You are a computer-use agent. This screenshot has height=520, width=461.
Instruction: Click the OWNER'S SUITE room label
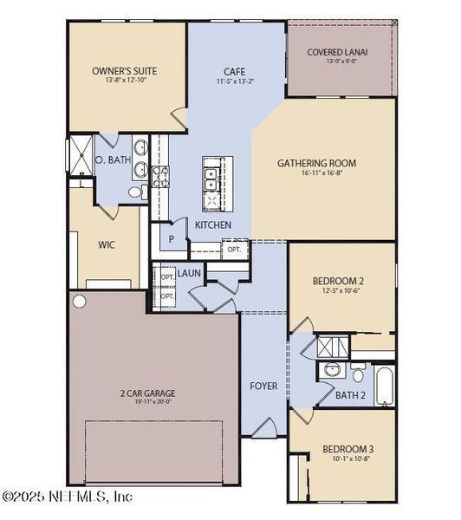(125, 70)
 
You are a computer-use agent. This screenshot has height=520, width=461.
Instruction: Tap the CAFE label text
(234, 73)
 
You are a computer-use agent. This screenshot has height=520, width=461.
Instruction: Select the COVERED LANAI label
(338, 52)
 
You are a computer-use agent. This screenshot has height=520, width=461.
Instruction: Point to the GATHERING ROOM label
(316, 162)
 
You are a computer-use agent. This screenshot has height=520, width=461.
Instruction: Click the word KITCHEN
(212, 225)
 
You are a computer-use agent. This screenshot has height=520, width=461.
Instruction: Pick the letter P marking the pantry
(172, 238)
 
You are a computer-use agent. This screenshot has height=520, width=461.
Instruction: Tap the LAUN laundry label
(189, 274)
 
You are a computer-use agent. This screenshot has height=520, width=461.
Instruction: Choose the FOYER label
(263, 386)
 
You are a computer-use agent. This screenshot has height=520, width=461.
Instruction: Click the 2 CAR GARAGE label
(146, 392)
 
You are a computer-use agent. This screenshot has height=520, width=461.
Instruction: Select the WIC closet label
(107, 244)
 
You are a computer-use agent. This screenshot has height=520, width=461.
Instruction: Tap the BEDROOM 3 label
(347, 448)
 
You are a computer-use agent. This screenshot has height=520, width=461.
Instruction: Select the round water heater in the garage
(81, 302)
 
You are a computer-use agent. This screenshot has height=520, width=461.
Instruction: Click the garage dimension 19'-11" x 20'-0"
(146, 401)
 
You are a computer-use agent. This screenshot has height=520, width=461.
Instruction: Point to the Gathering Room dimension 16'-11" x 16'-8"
(316, 172)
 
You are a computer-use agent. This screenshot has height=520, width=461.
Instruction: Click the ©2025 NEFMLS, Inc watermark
(67, 497)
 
